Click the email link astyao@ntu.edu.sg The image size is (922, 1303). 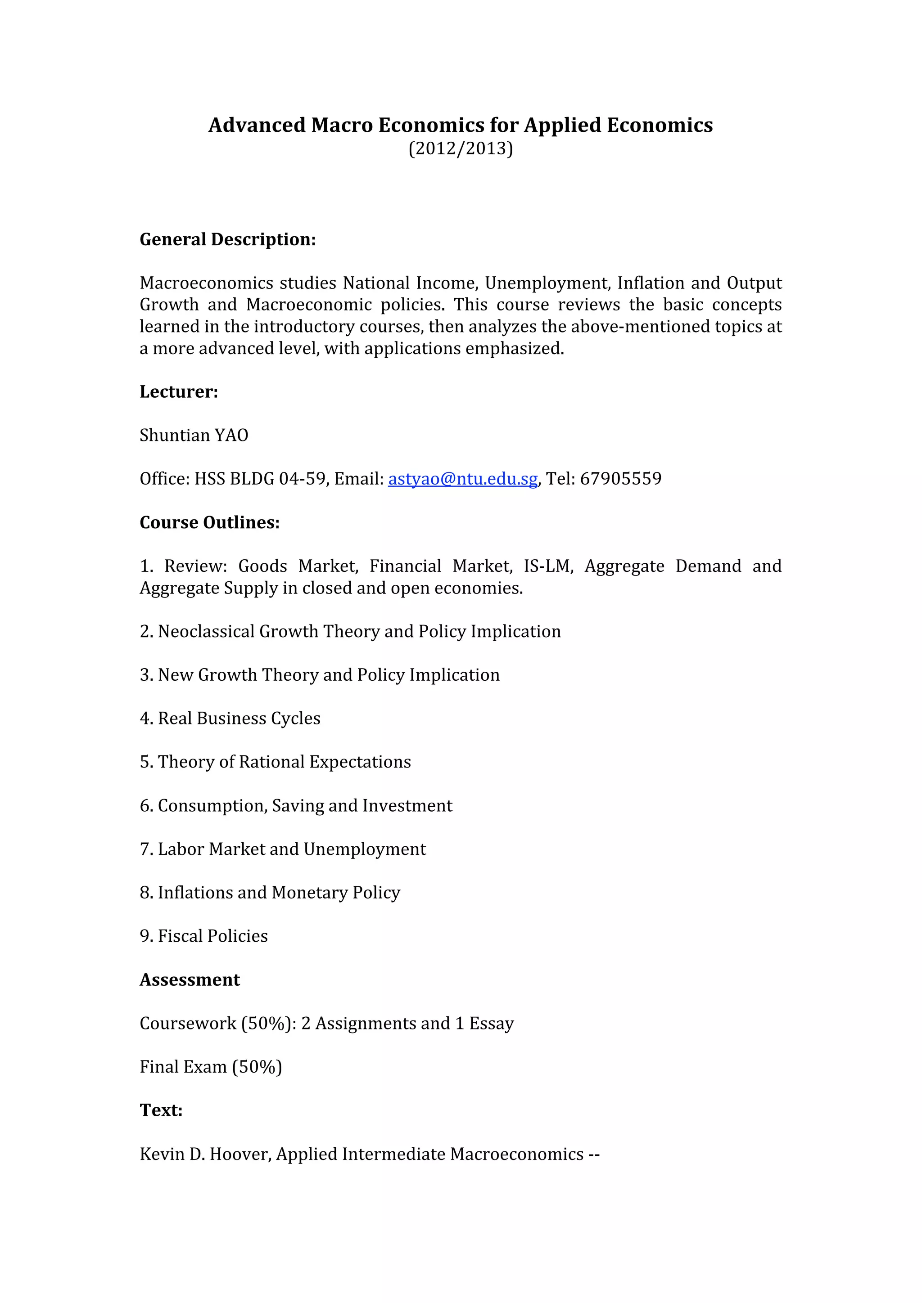(462, 479)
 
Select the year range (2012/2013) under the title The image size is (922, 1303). (461, 148)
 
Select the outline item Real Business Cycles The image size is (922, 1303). (239, 719)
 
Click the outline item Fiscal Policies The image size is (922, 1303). (212, 936)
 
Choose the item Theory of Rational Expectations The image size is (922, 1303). (284, 762)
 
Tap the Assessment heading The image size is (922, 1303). (190, 979)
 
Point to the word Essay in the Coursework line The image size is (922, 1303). (491, 1023)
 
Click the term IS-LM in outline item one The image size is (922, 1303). (548, 566)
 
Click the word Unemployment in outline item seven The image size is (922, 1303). (365, 849)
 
